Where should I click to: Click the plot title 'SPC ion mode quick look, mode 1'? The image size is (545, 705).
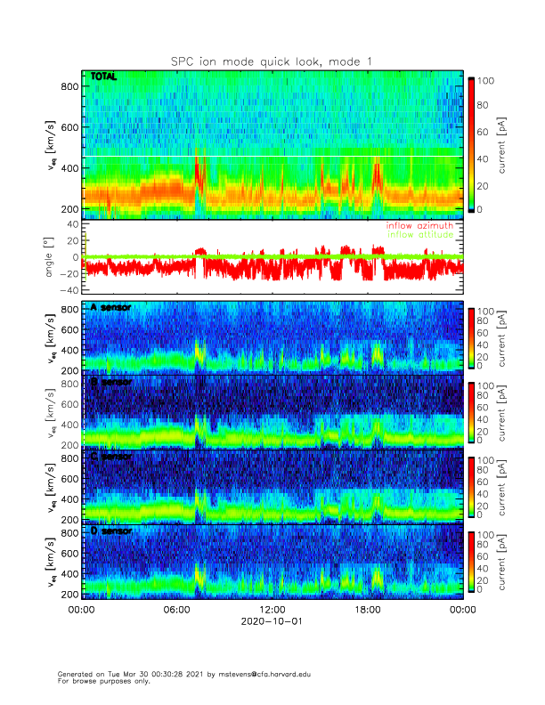click(x=272, y=61)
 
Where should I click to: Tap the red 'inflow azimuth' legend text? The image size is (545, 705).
click(x=419, y=226)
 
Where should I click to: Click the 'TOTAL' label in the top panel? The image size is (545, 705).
click(x=103, y=77)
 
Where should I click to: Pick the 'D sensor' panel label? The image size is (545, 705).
click(x=108, y=531)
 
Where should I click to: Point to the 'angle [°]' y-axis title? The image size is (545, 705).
click(x=51, y=256)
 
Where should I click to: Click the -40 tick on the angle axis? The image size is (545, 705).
click(x=68, y=290)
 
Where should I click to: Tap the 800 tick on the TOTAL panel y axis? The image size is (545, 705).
click(x=68, y=86)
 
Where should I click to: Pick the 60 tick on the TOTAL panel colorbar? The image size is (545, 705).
click(x=487, y=133)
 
